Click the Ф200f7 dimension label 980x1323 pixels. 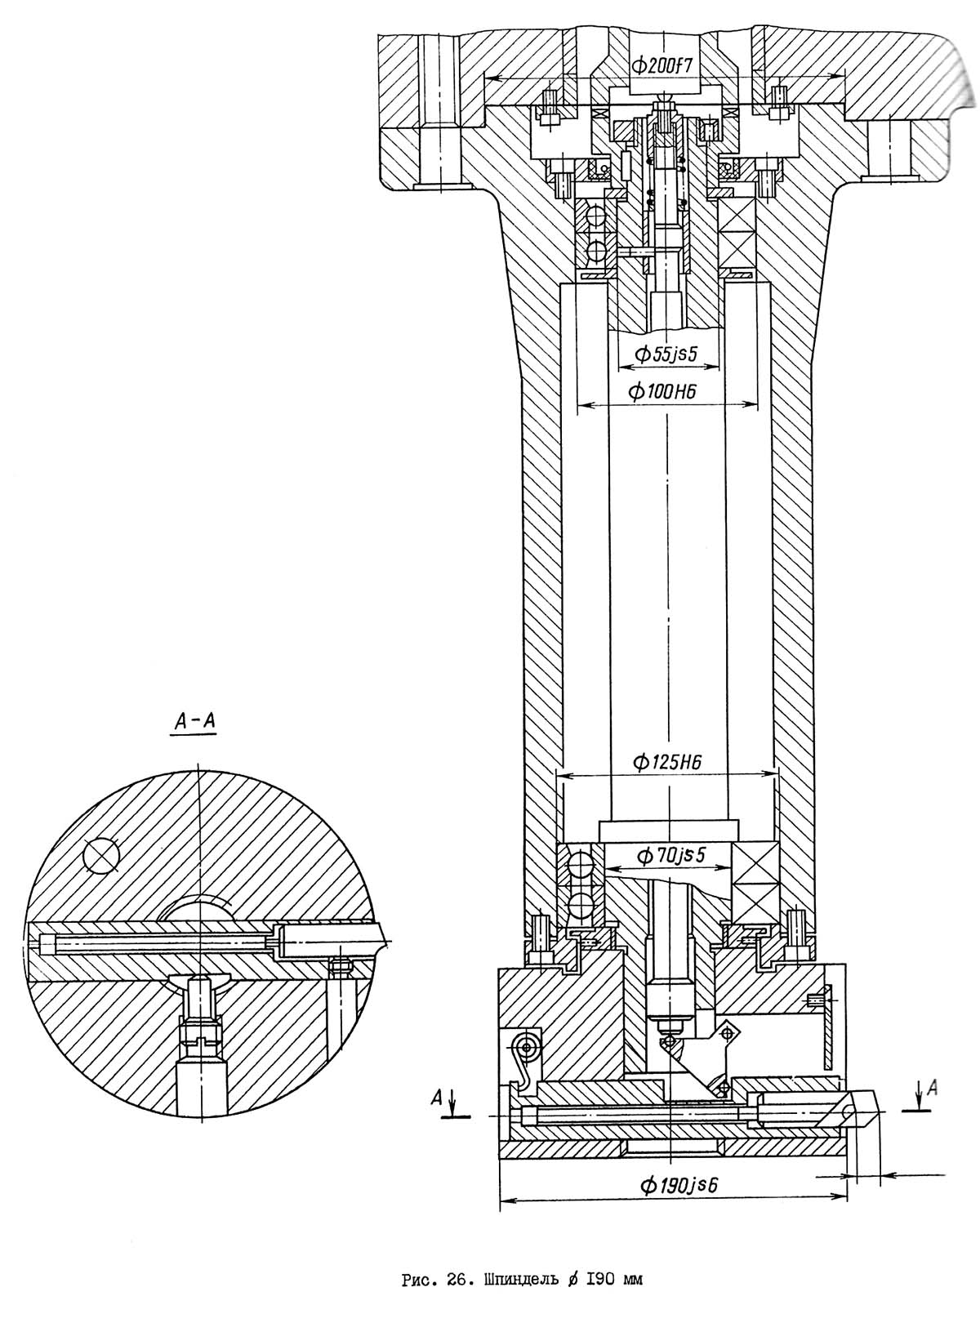pos(662,65)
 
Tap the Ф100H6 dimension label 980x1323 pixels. pos(663,392)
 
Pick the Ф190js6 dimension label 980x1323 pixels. pos(678,1184)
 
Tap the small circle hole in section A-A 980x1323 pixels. pos(102,857)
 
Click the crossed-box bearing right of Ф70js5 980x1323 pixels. pos(755,882)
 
